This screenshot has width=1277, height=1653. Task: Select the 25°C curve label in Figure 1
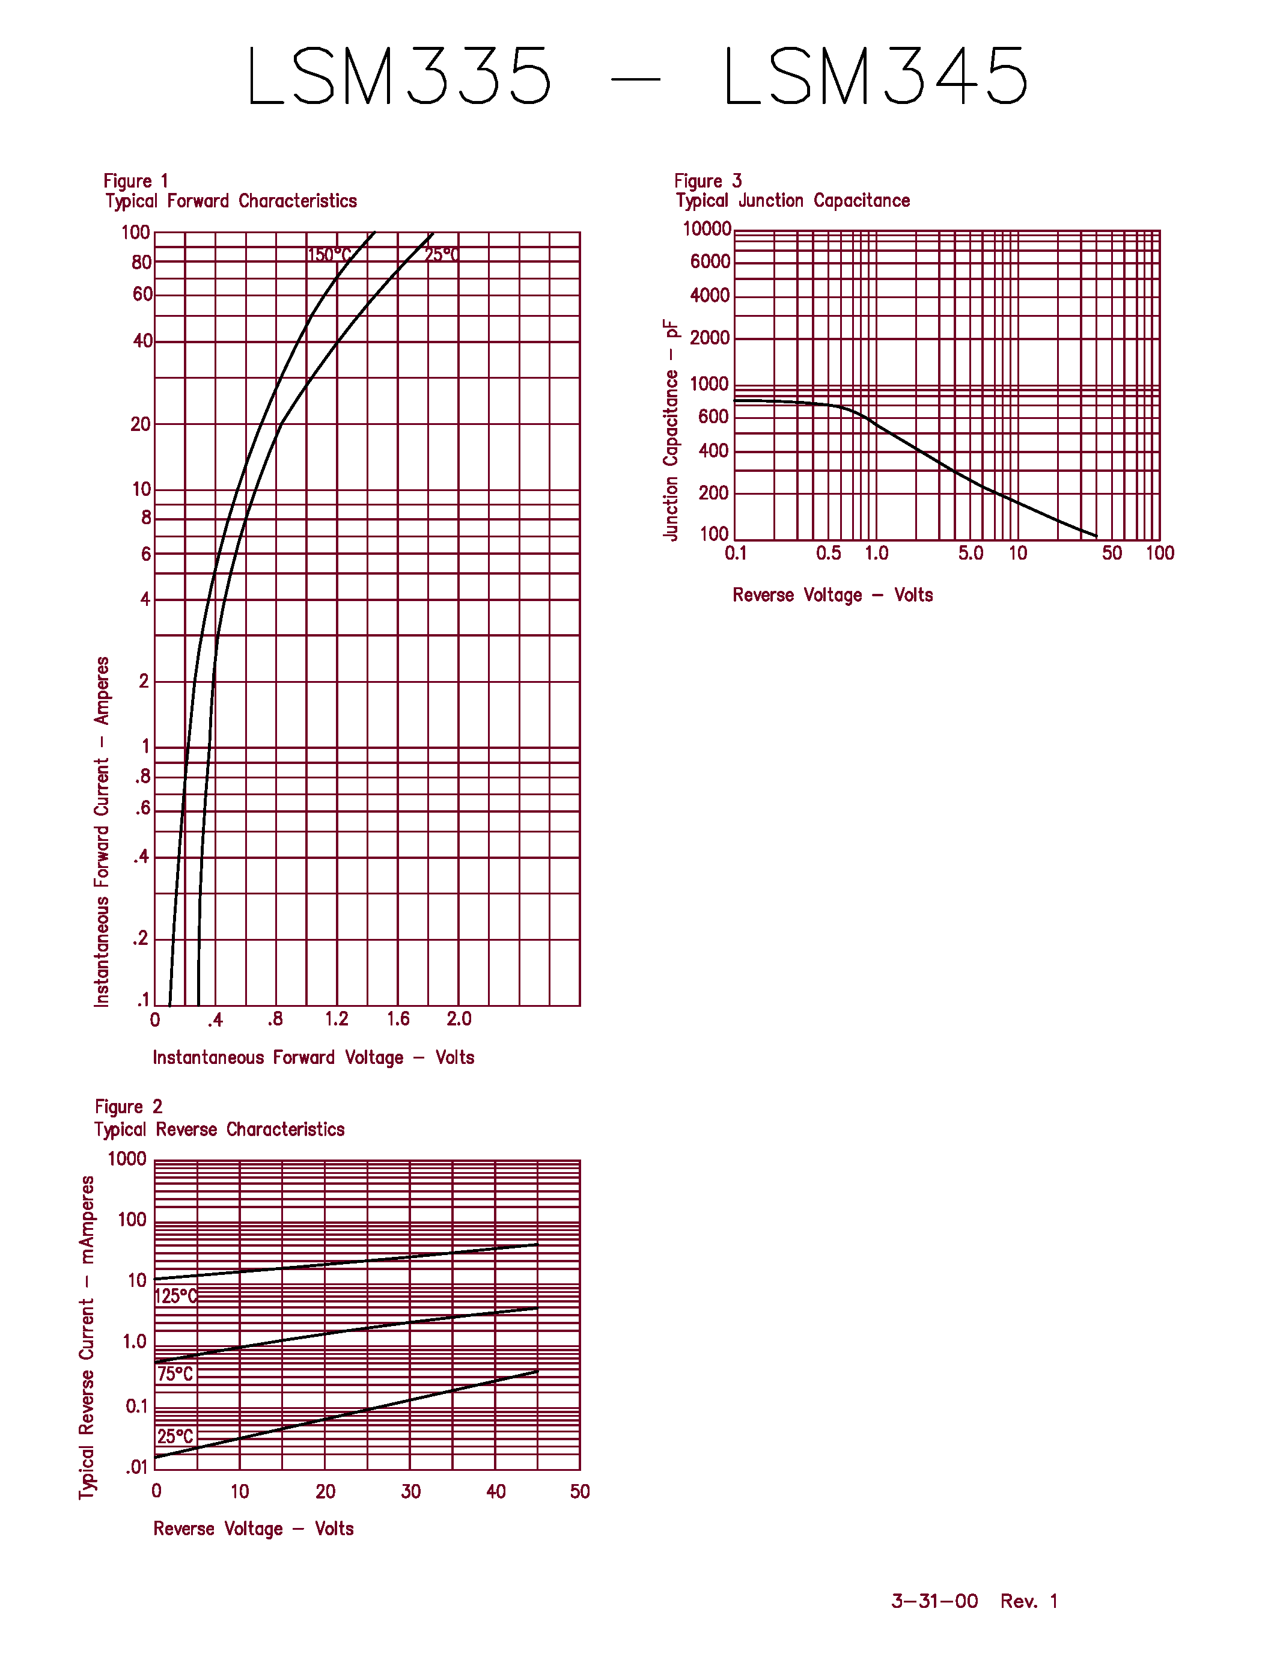[442, 255]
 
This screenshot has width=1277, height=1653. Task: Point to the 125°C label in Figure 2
[175, 1296]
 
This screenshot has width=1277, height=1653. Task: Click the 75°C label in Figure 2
[175, 1373]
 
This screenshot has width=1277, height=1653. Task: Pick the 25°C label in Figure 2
[175, 1437]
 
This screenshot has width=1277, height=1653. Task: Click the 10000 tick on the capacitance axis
[707, 228]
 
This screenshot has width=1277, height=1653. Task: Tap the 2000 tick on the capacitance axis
[710, 338]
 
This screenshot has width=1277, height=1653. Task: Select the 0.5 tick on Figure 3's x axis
[828, 553]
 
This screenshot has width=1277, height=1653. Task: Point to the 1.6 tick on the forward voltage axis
[398, 1019]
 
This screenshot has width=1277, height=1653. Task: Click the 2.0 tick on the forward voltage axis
[459, 1019]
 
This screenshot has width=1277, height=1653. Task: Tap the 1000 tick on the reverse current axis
[127, 1159]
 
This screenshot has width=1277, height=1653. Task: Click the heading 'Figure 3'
[708, 181]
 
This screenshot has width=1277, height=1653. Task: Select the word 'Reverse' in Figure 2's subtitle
[188, 1129]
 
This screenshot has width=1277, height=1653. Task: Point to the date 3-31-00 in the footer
[934, 1601]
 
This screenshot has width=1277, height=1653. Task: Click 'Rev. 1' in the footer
[1029, 1601]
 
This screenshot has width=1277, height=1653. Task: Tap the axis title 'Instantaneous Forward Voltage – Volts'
[313, 1057]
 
